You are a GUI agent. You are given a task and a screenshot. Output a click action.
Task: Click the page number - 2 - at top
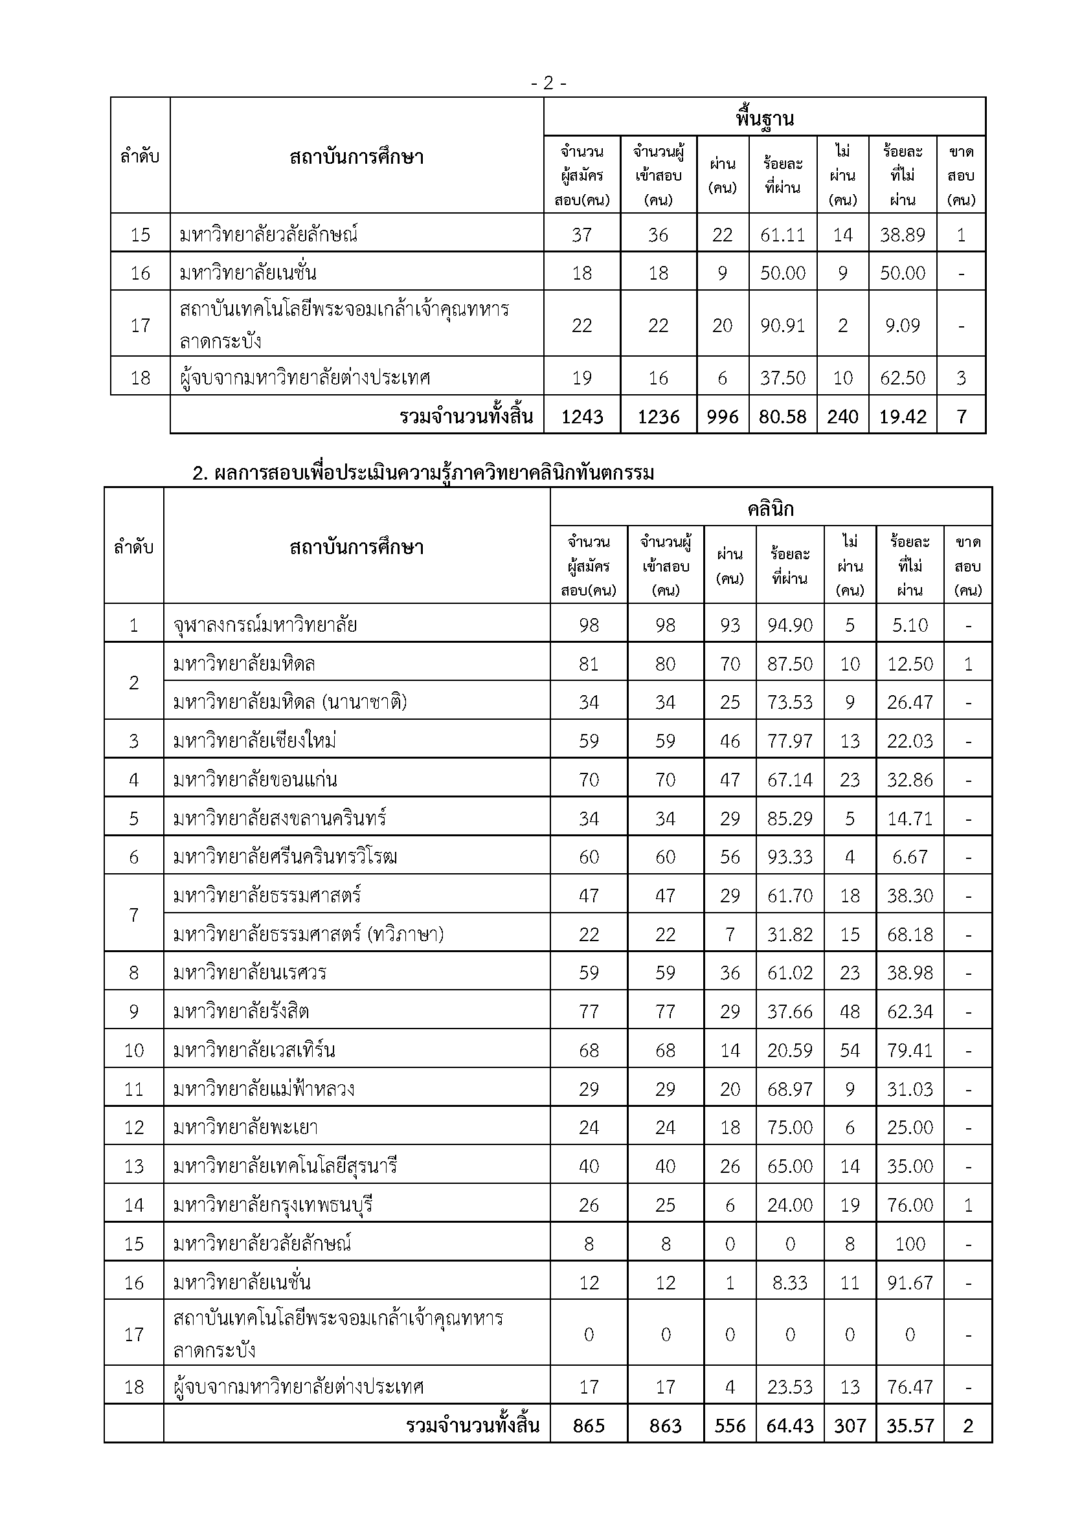tap(548, 83)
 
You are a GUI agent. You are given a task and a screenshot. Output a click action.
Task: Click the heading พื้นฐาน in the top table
tap(764, 118)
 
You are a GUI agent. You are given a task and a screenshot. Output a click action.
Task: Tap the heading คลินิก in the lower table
tap(771, 508)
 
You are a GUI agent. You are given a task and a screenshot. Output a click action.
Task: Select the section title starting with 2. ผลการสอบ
tap(423, 473)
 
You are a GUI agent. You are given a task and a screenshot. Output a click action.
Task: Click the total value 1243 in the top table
tap(581, 416)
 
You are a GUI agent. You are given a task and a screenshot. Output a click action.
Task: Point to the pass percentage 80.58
tap(783, 416)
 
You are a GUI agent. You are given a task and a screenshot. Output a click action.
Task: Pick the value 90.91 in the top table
tap(783, 325)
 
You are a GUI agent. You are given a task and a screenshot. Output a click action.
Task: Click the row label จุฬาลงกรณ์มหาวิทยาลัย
tap(265, 624)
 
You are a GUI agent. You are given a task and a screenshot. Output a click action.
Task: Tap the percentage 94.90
tap(790, 625)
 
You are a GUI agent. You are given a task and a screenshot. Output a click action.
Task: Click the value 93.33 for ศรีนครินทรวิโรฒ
tap(790, 856)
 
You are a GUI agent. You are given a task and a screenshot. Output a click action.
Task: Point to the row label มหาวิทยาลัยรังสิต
tap(241, 1011)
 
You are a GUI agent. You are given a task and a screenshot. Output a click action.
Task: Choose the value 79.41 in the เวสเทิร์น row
tap(910, 1050)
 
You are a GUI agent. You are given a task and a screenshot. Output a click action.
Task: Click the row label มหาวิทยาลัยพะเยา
tap(245, 1127)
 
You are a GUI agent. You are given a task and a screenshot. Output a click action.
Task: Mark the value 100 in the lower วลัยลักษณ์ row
tap(910, 1243)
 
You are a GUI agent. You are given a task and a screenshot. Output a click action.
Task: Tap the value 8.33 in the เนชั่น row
tap(790, 1282)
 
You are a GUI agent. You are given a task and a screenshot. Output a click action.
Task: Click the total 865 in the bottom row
tap(588, 1425)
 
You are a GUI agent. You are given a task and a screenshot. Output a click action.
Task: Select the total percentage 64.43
tap(790, 1425)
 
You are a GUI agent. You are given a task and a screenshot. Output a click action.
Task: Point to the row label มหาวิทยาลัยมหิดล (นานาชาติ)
tap(290, 702)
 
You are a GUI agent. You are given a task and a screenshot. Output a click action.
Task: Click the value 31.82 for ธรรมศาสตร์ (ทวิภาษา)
tap(790, 935)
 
